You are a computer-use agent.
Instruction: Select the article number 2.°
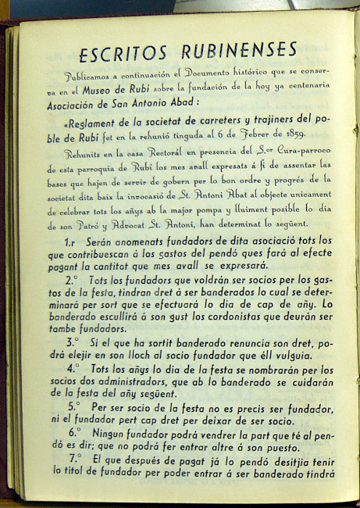point(72,279)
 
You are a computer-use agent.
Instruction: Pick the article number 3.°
point(72,342)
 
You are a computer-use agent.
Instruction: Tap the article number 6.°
point(74,431)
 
